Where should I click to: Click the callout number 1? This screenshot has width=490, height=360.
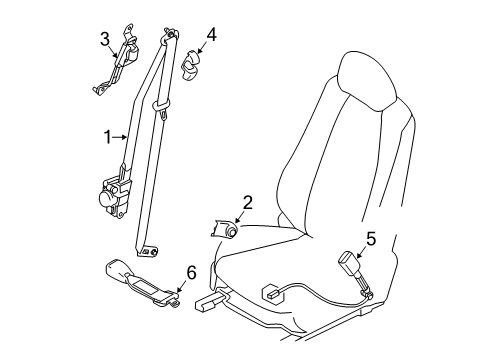coord(108,137)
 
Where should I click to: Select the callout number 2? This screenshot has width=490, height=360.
coord(247,203)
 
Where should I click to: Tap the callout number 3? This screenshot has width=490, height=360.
coord(105,39)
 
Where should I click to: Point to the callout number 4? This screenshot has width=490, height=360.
coord(211,35)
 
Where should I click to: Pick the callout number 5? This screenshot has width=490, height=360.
coord(371,239)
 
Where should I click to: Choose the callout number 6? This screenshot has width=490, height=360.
coord(191,273)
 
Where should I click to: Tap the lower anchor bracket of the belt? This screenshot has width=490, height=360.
coord(148,252)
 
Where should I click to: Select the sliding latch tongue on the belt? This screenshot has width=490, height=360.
coord(162,109)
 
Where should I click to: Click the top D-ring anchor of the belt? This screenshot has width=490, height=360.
coord(170,34)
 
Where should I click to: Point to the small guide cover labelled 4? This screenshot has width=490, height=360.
coord(190,65)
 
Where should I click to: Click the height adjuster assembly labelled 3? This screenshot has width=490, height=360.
coord(117,59)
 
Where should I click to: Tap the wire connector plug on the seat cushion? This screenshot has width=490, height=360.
coord(273,293)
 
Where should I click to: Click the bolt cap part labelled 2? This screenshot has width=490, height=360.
coord(224,229)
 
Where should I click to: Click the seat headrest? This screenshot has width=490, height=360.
coord(368,81)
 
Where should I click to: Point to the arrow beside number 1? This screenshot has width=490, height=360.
coord(119,137)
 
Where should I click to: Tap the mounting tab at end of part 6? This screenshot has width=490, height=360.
coord(174,302)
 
